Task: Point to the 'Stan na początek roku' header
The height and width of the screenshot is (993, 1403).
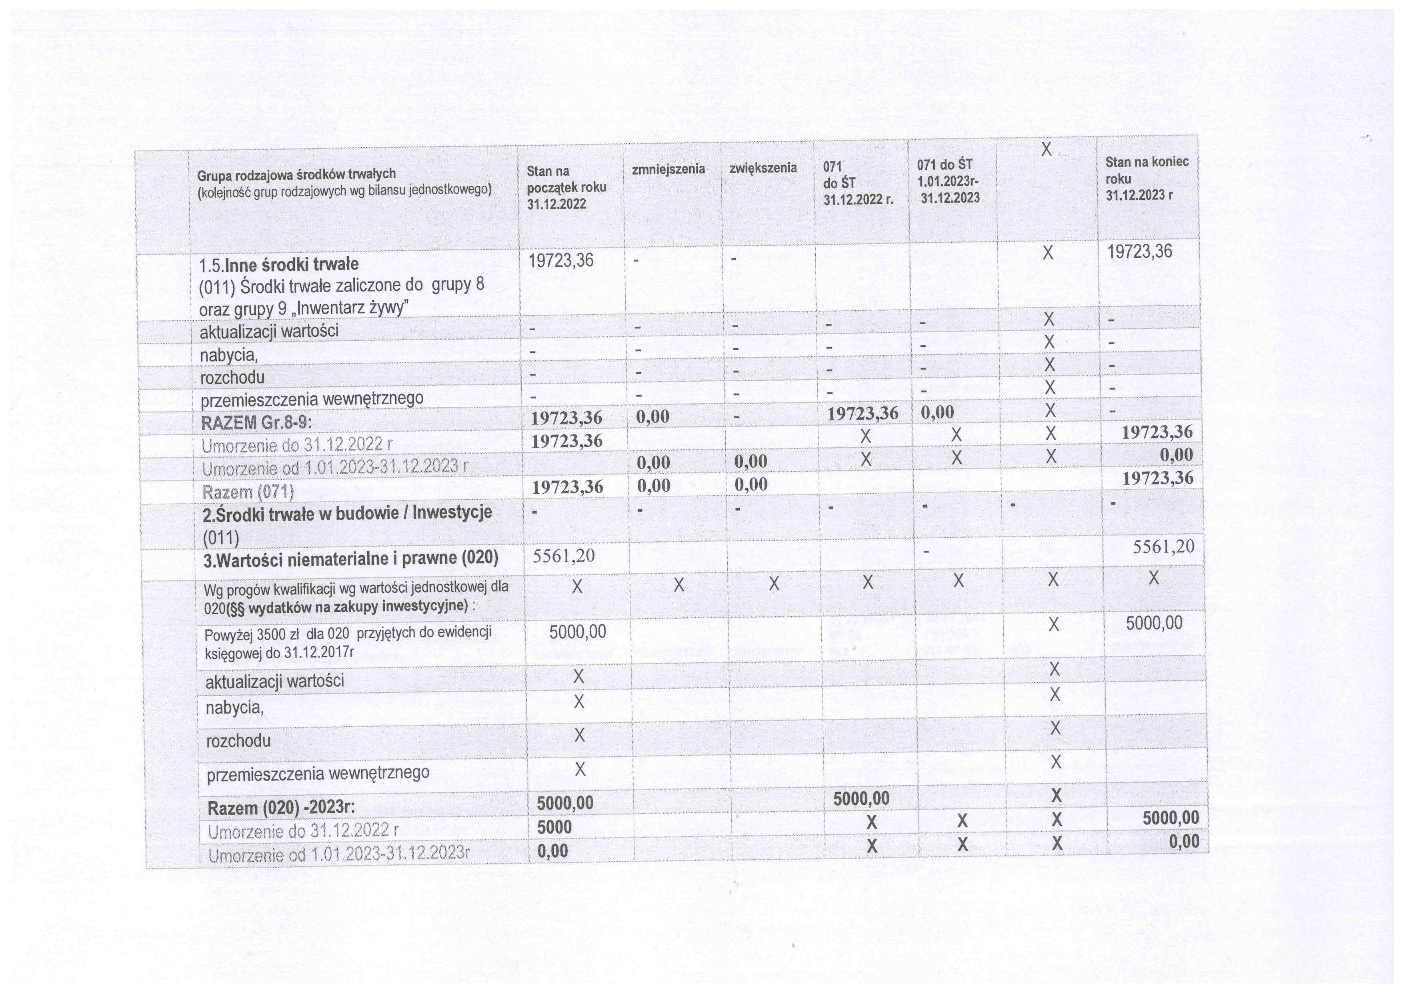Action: [566, 187]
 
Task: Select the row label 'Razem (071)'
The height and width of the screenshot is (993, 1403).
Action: [248, 492]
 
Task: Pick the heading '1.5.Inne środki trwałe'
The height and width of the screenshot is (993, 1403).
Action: [279, 265]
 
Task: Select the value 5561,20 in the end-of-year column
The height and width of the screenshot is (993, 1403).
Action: [1163, 546]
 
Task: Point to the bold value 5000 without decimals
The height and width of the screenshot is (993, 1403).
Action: [554, 827]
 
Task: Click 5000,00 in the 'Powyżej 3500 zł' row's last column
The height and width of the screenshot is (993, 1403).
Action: [1154, 623]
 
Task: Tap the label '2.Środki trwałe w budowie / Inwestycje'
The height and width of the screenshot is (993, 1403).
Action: [347, 513]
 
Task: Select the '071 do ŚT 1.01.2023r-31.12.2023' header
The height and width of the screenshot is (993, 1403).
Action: [949, 181]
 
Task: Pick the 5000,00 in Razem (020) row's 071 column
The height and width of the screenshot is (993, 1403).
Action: [861, 798]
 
